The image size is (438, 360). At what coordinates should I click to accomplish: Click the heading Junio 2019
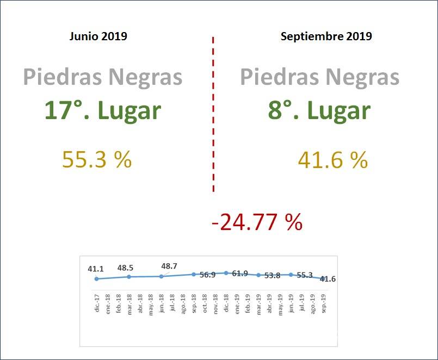point(98,36)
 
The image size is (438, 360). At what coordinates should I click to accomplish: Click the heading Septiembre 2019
point(326,36)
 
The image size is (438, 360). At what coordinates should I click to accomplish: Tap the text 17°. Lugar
point(102,110)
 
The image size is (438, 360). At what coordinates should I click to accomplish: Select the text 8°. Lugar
point(319,110)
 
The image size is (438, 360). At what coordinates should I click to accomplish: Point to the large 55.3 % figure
point(97,159)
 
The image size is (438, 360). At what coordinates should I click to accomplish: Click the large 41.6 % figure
point(333,160)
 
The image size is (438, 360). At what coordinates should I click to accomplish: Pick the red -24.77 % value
point(256,222)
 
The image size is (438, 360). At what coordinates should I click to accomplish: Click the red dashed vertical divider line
point(213,114)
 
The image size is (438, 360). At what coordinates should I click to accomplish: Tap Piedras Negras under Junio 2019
point(102,77)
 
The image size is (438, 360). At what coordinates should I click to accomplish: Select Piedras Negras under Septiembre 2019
point(319,77)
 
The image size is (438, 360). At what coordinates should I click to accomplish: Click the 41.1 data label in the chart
point(96,269)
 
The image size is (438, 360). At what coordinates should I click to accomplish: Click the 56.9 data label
point(207,275)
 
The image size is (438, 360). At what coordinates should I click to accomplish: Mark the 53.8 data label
point(272,276)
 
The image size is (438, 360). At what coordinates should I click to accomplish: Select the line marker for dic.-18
point(226,273)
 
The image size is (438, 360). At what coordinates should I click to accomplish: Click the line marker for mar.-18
point(129,277)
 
